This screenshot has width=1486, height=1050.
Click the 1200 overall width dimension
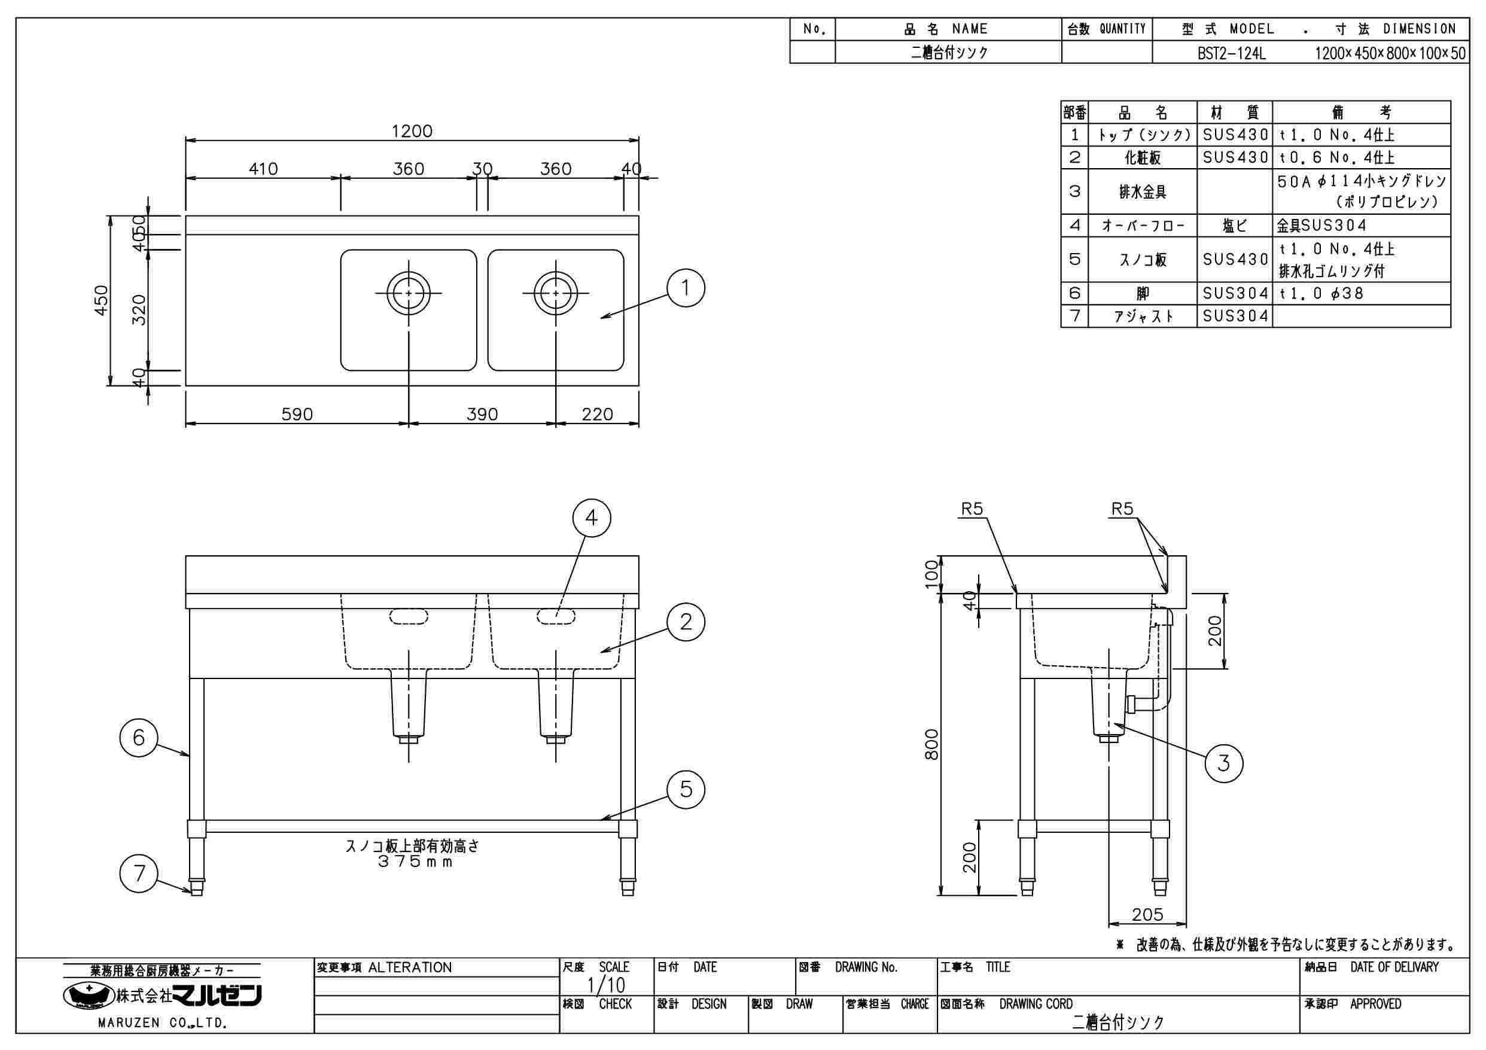coord(412,132)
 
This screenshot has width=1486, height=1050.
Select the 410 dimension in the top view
coord(263,169)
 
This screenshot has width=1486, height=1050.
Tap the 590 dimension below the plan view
coord(297,414)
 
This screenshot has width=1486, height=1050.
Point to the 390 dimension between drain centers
coord(482,414)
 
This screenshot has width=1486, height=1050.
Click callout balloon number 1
coord(686,288)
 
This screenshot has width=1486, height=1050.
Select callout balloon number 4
coord(592,518)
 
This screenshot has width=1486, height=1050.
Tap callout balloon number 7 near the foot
coord(139,874)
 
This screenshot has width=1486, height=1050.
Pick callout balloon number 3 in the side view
coord(1223,763)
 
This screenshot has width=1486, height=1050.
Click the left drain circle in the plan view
coord(409,293)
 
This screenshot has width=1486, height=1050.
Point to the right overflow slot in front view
coord(555,616)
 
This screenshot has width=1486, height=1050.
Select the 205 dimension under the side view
coord(1147,914)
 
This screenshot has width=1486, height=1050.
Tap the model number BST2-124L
coord(1231,53)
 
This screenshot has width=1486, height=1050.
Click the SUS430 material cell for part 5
coord(1235,260)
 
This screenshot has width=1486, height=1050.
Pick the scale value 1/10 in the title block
coord(606,985)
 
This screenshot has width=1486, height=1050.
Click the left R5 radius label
coord(972,510)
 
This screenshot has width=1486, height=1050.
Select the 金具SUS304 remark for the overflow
coord(1321,226)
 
